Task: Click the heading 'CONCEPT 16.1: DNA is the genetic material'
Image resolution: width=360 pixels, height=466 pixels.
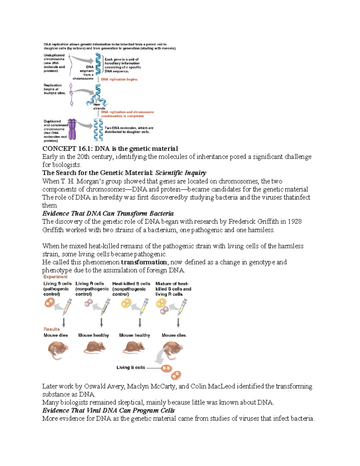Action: click(x=110, y=149)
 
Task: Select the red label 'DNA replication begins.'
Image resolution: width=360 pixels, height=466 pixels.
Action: click(x=119, y=80)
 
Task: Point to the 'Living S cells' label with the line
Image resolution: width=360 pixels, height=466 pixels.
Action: click(x=130, y=367)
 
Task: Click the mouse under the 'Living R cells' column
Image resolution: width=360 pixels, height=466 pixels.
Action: click(x=94, y=348)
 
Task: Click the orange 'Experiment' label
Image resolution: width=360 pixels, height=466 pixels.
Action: click(x=55, y=277)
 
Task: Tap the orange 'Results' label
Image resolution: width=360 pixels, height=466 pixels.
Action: click(x=52, y=329)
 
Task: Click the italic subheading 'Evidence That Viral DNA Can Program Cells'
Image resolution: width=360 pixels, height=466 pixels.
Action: click(x=108, y=410)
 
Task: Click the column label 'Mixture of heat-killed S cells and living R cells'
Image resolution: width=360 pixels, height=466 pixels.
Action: click(x=173, y=289)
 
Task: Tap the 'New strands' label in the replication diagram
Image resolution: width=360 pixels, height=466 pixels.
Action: click(x=99, y=106)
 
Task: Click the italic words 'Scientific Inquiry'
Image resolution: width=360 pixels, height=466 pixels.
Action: click(x=181, y=173)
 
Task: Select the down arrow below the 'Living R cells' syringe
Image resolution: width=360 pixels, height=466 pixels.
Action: click(x=102, y=322)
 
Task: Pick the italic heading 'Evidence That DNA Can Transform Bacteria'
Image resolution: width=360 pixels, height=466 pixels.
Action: click(x=108, y=213)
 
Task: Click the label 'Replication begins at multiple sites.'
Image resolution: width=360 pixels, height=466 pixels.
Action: click(x=54, y=89)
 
